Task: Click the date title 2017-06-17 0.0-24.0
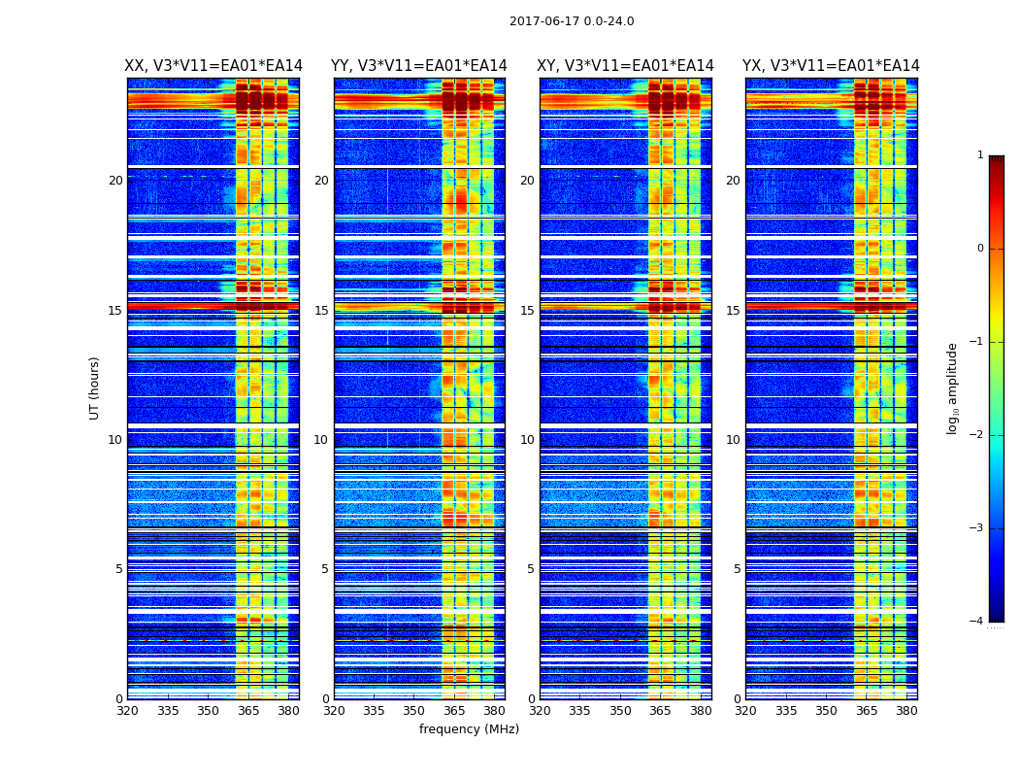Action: pyautogui.click(x=572, y=21)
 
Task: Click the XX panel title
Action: pyautogui.click(x=214, y=66)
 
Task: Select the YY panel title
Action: pyautogui.click(x=419, y=66)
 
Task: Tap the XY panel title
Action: pyautogui.click(x=626, y=66)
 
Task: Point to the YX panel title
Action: pyautogui.click(x=831, y=66)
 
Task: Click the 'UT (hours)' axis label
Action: pyautogui.click(x=95, y=388)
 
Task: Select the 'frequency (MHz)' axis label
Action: pyautogui.click(x=469, y=729)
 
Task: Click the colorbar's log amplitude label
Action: pyautogui.click(x=953, y=388)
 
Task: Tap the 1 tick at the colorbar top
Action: pyautogui.click(x=980, y=155)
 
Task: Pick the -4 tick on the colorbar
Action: pyautogui.click(x=977, y=622)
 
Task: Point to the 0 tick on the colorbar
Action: pyautogui.click(x=980, y=249)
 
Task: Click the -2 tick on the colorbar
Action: pyautogui.click(x=977, y=435)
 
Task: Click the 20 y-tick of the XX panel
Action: pyautogui.click(x=115, y=181)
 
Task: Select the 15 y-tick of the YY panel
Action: pyautogui.click(x=320, y=311)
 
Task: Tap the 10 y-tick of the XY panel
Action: pyautogui.click(x=527, y=440)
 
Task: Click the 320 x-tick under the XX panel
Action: pyautogui.click(x=127, y=711)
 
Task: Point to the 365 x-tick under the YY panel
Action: pyautogui.click(x=454, y=711)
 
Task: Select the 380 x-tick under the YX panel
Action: pyautogui.click(x=906, y=711)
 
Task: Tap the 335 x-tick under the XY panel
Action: pyautogui.click(x=579, y=711)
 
